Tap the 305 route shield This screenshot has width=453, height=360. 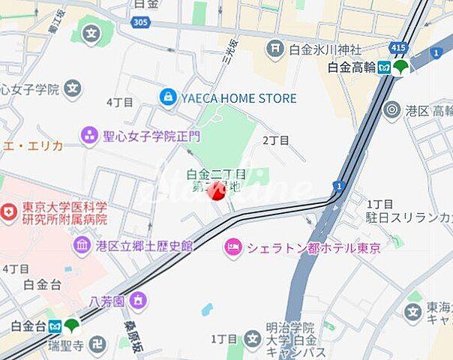coord(139,22)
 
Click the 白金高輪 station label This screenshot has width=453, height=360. coord(352,68)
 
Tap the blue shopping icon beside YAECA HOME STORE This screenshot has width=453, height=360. coord(168,97)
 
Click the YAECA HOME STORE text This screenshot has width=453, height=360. coord(238,98)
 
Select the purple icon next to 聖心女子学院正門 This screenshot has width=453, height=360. coord(89,136)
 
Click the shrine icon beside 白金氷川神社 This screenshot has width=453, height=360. coord(275,50)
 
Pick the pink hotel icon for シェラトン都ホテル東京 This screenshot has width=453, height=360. coord(233,247)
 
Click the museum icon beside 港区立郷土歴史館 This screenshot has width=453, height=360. coord(82,245)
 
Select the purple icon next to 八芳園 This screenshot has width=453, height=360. coord(137,301)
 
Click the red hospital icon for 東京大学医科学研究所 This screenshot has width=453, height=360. coord(8,213)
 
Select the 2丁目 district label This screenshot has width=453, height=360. coord(275,140)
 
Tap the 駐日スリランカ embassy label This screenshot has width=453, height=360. coord(409,217)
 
